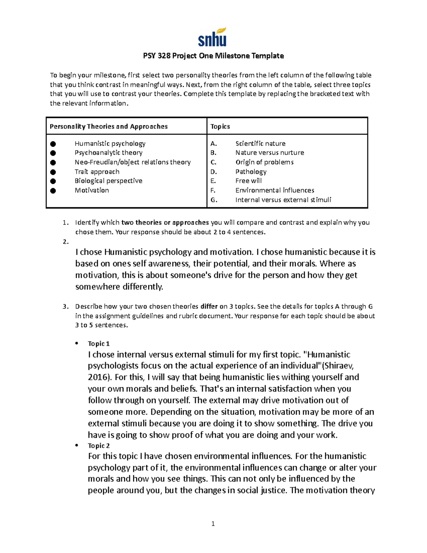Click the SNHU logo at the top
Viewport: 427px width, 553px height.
212,37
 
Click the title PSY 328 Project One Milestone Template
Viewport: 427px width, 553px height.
213,56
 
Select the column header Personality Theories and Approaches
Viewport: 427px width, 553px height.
109,126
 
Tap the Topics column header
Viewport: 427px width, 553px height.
220,126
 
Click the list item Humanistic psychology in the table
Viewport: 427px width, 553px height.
110,144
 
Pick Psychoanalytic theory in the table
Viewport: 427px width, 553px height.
109,153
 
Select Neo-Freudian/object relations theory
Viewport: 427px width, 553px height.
132,162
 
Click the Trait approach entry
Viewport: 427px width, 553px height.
97,172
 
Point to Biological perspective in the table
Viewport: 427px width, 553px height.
109,181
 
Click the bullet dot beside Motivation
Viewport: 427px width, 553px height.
53,191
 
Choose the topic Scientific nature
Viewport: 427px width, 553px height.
260,144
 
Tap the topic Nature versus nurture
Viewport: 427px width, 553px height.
270,153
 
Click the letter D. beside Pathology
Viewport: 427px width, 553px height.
213,172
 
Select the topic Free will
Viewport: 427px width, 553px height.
248,181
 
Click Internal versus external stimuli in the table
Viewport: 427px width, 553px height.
283,200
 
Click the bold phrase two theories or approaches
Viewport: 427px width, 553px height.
165,223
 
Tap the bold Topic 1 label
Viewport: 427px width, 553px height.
99,344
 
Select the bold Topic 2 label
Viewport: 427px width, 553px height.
99,446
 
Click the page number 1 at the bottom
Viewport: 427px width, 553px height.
213,523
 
